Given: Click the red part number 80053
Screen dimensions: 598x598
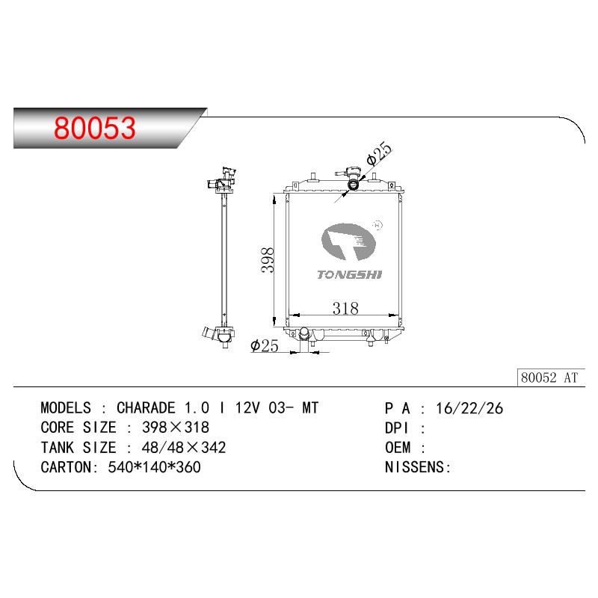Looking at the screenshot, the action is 95,128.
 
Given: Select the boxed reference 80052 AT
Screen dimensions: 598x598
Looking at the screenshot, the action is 549,377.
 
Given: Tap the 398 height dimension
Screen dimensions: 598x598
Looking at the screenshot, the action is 268,260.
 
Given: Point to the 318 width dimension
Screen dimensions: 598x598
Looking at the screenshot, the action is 345,308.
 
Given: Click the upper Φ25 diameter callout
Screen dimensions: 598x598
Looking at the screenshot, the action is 379,154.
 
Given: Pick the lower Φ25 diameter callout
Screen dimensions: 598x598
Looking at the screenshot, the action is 265,345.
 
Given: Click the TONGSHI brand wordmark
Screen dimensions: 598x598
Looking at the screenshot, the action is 349,274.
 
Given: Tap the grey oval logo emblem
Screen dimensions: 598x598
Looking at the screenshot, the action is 348,241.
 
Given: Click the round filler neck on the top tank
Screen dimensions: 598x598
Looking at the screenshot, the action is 354,185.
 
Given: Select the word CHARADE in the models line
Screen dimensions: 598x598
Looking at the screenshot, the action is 146,408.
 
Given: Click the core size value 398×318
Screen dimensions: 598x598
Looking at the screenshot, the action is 176,428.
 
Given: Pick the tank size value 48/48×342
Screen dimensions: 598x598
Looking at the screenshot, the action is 183,447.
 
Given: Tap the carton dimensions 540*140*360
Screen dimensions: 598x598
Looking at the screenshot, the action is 154,467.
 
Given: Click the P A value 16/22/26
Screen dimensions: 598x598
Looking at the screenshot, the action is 469,408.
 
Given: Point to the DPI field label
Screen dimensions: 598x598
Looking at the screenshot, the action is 397,428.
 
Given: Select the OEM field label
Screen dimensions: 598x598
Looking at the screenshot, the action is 398,448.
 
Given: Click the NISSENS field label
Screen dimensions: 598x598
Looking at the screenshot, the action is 415,467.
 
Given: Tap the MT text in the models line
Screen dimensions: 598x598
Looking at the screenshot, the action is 310,408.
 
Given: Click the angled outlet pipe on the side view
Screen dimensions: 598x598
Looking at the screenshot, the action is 208,333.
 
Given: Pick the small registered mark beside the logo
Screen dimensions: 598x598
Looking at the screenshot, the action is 378,225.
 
